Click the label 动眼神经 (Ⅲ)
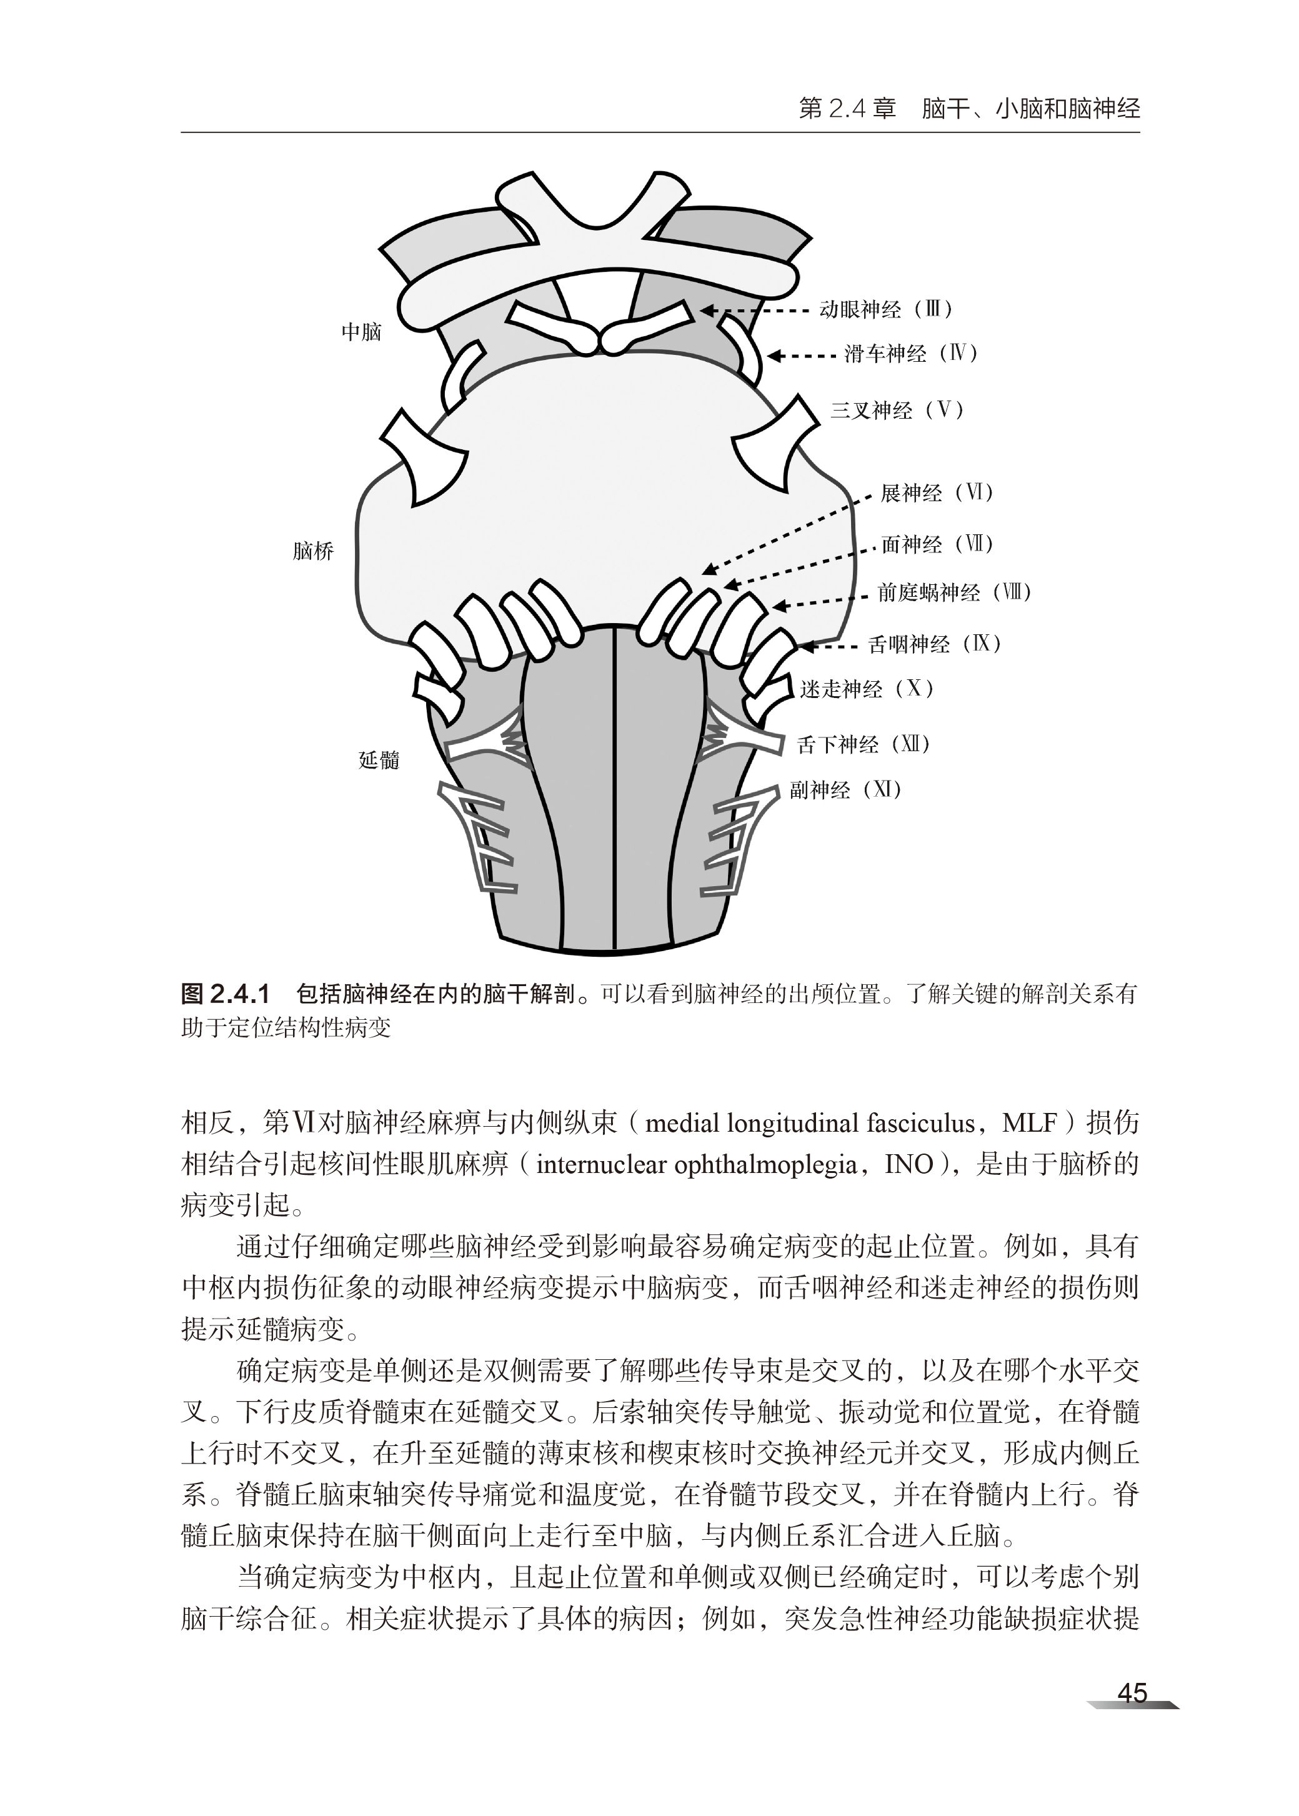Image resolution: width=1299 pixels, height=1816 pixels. (x=886, y=309)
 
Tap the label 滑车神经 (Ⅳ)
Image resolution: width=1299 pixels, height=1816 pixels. (x=911, y=354)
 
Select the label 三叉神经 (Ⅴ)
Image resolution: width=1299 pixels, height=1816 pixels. (x=897, y=411)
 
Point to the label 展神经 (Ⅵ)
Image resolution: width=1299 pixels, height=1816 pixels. (x=937, y=493)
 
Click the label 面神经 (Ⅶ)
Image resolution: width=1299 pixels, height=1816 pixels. (x=937, y=545)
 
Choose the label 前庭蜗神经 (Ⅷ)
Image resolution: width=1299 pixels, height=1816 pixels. (x=954, y=593)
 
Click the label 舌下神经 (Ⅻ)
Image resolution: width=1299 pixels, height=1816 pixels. (x=864, y=745)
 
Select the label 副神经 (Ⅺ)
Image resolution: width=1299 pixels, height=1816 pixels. (x=845, y=791)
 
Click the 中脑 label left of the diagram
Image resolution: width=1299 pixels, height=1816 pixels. (x=362, y=332)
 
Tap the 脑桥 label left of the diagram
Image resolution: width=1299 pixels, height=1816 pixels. (x=313, y=551)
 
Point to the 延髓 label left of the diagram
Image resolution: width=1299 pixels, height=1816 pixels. (x=379, y=760)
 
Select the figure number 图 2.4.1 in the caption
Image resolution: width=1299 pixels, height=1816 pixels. (x=226, y=994)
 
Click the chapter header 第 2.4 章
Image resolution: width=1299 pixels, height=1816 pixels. (x=847, y=109)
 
